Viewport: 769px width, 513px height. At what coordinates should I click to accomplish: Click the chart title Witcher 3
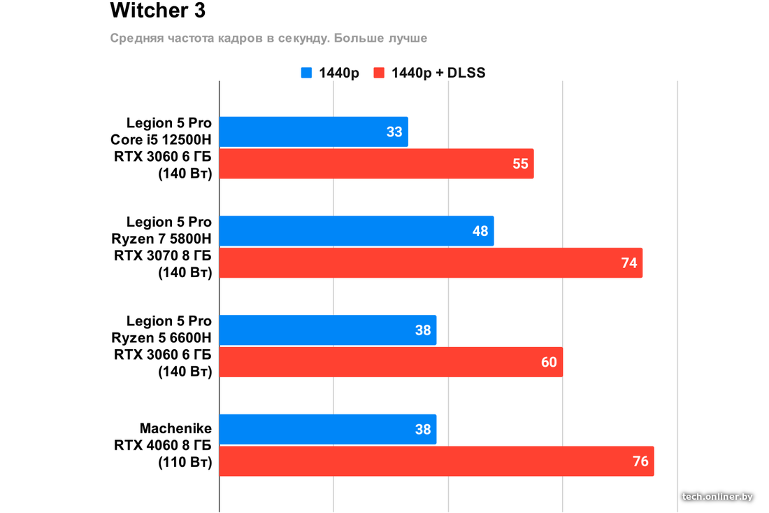point(157,11)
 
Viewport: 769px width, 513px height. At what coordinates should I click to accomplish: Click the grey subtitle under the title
point(268,38)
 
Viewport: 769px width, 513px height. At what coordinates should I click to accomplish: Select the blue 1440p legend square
point(306,73)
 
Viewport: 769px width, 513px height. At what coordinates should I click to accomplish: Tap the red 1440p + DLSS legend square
point(380,73)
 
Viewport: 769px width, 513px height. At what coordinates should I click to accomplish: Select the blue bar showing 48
point(357,231)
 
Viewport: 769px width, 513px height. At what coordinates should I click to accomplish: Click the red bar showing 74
point(431,263)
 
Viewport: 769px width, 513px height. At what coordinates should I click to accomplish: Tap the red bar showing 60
point(391,362)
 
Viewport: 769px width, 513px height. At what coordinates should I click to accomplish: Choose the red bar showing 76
point(436,461)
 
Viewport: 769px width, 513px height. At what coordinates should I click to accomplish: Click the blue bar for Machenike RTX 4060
point(328,429)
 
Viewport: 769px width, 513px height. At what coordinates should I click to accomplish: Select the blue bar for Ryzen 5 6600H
point(328,330)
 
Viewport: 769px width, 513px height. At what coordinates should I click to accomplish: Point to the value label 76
point(640,461)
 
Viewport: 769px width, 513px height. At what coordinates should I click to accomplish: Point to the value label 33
point(394,132)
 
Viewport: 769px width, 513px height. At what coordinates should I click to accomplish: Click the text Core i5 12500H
point(161,140)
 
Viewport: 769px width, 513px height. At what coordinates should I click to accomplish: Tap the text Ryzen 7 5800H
point(161,239)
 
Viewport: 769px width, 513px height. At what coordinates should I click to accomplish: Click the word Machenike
point(175,428)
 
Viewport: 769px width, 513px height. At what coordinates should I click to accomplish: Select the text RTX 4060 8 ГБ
point(163,445)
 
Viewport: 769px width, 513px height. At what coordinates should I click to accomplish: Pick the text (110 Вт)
point(185,462)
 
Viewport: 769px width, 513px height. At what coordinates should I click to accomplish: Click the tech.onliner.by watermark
point(717,496)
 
